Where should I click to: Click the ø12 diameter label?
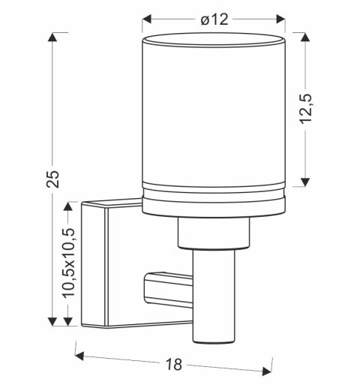click(x=214, y=19)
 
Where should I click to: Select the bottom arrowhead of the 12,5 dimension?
click(x=304, y=181)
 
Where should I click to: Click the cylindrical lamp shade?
click(x=214, y=113)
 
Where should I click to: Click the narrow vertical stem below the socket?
click(x=214, y=300)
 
